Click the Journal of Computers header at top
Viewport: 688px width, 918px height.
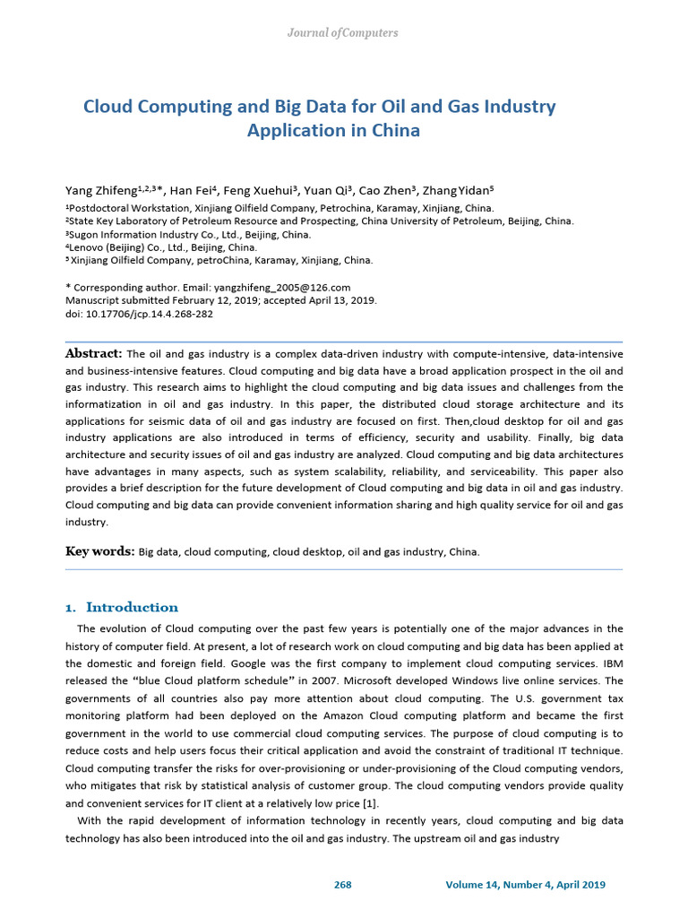(342, 33)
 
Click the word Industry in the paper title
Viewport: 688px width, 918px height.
(519, 107)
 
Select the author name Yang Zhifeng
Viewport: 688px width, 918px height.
(99, 191)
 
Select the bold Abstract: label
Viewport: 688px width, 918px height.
(94, 353)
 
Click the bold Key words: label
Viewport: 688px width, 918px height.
(100, 551)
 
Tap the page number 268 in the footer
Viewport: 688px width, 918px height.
(342, 885)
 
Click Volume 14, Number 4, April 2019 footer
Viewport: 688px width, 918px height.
(525, 885)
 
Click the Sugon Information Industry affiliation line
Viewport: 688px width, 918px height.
(189, 234)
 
